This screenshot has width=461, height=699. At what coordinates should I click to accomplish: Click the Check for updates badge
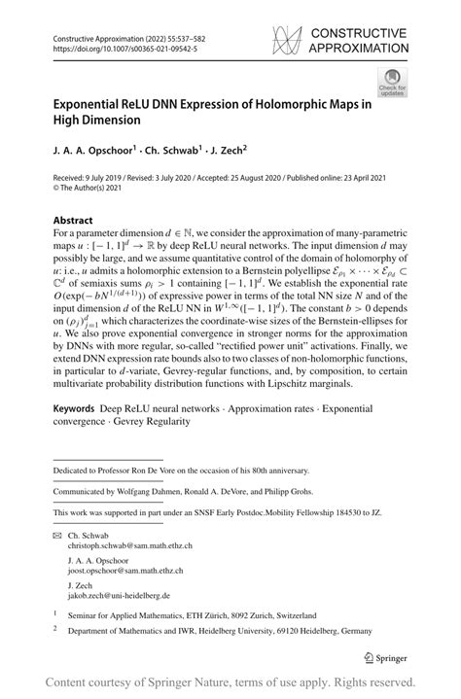coord(393,84)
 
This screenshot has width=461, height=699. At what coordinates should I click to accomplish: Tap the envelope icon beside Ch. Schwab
coord(56,536)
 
